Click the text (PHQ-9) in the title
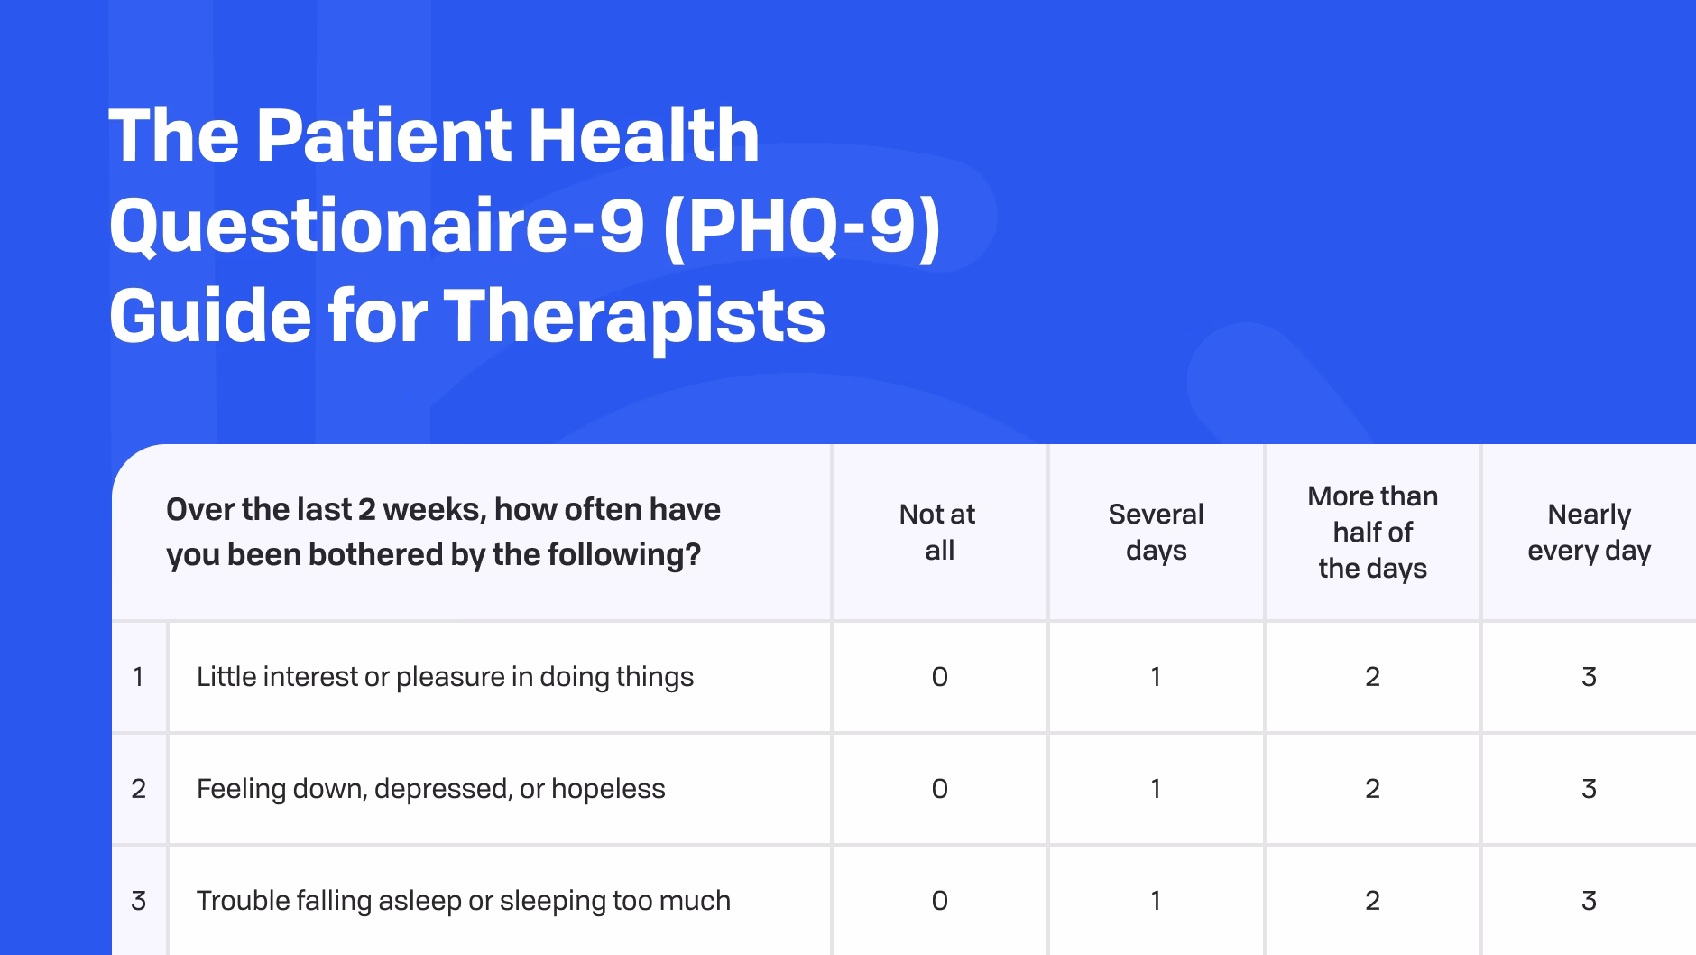pos(801,226)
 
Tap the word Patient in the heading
pos(383,135)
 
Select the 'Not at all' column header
pos(938,532)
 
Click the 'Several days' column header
pos(1156,532)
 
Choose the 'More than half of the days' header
pos(1372,532)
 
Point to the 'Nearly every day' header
pos(1589,532)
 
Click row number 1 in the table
pos(138,677)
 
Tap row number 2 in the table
pos(138,789)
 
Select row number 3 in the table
pos(138,901)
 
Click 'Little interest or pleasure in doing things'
pos(445,677)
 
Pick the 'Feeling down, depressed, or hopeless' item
pos(430,789)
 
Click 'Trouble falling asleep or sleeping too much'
pos(463,901)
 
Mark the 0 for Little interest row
pos(939,677)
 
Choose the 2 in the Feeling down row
pos(1372,789)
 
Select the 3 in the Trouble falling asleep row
pos(1589,901)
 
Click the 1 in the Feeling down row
pos(1156,789)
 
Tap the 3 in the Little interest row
pos(1589,677)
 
